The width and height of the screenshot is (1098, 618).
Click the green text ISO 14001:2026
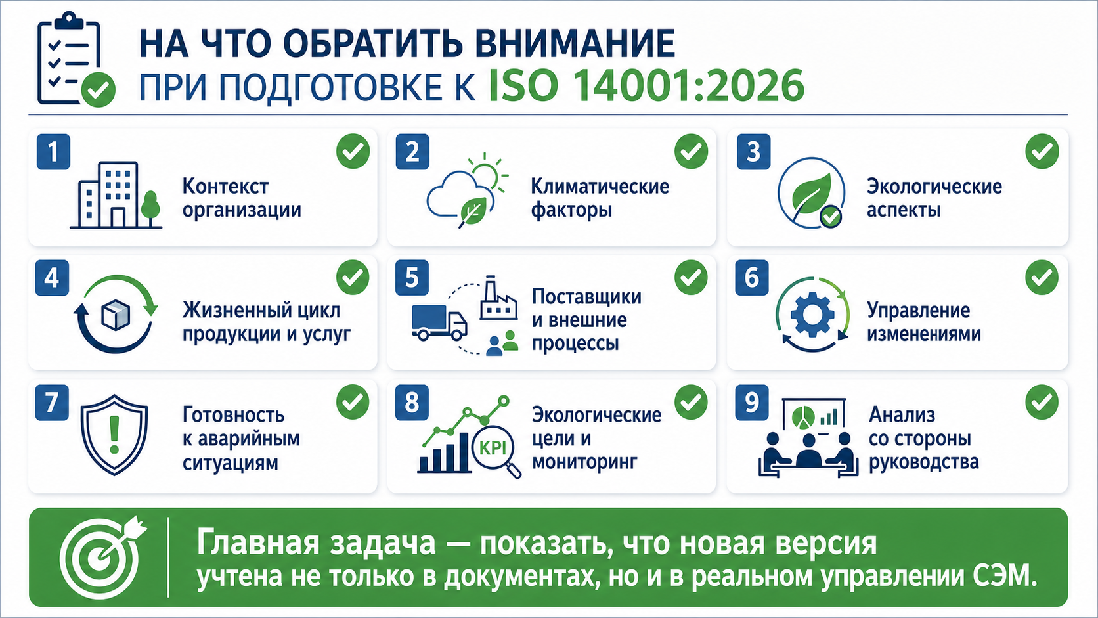point(647,86)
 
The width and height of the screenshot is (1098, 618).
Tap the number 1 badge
point(53,152)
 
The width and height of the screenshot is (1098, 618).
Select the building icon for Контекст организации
point(116,195)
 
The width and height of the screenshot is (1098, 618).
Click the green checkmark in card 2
point(691,152)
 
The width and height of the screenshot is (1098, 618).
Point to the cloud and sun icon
point(468,190)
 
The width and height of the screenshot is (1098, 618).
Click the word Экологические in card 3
point(934,187)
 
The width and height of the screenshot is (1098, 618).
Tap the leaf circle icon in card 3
point(811,193)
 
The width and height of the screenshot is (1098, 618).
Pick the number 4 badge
point(52,278)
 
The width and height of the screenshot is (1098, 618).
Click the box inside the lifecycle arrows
point(116,315)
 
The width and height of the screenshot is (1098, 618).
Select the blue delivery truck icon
point(439,322)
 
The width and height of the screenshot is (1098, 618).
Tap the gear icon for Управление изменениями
point(812,314)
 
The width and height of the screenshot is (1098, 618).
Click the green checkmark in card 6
point(1042,277)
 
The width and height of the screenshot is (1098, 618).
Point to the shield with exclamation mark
point(114,435)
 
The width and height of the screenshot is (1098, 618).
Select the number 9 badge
point(752,403)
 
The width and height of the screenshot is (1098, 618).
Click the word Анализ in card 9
point(902,415)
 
